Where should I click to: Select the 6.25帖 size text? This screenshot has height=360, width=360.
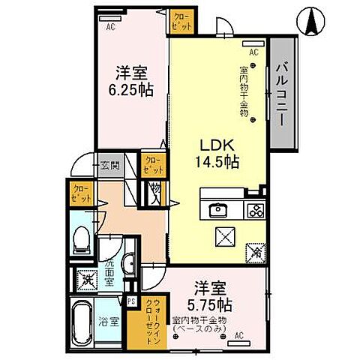130,88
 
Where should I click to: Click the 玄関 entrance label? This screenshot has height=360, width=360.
109,166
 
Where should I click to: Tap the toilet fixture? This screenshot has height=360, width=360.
82,241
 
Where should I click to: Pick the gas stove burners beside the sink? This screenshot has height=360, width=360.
253,209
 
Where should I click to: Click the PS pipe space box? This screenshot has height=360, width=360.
132,301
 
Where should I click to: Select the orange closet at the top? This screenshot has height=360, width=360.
181,20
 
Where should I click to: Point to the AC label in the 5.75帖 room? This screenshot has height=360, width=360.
239,336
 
